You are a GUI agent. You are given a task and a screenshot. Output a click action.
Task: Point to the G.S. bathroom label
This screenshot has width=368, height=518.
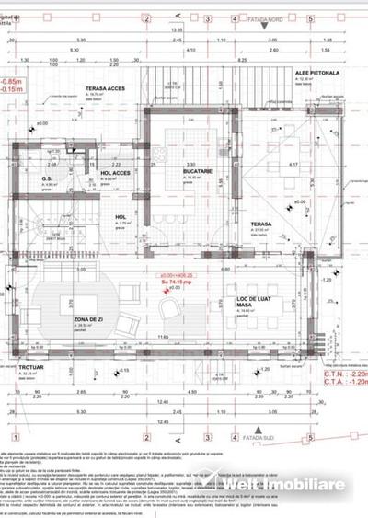[x=48, y=178]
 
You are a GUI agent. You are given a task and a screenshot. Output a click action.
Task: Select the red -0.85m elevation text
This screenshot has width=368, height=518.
[x=12, y=81]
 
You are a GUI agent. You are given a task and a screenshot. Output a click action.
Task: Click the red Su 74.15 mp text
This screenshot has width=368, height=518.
[x=171, y=282]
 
